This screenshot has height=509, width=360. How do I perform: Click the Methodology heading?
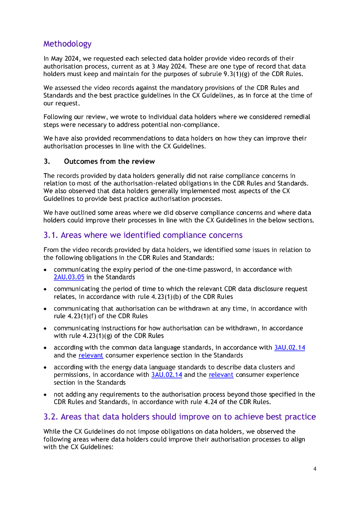(x=67, y=44)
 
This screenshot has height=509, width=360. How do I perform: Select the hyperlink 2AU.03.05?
(x=69, y=277)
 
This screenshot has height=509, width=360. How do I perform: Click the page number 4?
(x=315, y=469)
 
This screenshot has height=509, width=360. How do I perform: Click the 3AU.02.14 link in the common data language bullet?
(x=289, y=347)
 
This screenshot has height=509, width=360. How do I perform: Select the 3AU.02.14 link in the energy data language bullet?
(x=166, y=374)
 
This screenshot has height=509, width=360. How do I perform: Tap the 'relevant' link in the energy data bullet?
(x=221, y=374)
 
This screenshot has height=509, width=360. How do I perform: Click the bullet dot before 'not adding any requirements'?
(x=45, y=394)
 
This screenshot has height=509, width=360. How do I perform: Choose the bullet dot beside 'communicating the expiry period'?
(x=45, y=269)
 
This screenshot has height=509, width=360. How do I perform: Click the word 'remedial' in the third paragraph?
(x=295, y=117)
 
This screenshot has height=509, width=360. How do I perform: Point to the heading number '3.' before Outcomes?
(x=46, y=162)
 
